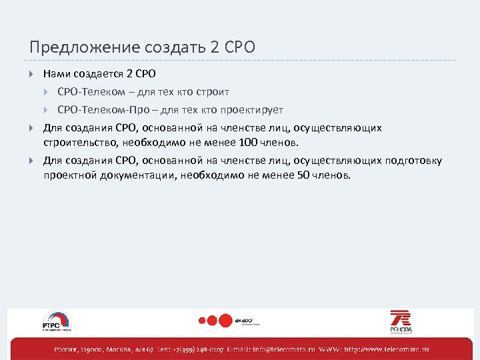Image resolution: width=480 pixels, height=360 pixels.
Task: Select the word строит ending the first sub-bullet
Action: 215,92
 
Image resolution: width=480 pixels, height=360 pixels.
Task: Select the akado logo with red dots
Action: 230,321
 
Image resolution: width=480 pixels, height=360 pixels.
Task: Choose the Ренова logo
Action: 401,321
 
